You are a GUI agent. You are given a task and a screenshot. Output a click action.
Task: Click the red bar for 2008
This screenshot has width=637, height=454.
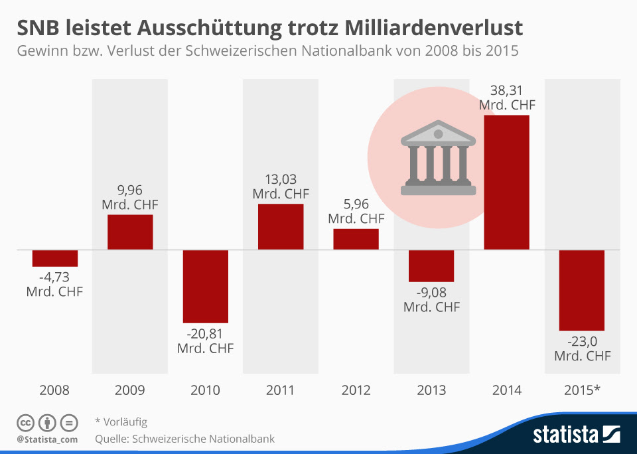click(55, 258)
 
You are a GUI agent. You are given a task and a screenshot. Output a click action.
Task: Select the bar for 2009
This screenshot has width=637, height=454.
click(130, 232)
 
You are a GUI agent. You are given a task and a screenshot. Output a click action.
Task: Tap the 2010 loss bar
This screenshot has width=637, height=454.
click(206, 286)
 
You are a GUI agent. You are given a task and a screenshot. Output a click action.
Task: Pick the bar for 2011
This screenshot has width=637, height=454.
click(281, 226)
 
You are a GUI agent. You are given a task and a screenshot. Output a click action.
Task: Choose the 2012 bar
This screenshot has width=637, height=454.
click(356, 239)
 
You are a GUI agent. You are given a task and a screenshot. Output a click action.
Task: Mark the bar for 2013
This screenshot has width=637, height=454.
click(431, 265)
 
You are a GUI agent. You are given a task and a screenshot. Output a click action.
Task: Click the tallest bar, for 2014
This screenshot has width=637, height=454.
click(507, 183)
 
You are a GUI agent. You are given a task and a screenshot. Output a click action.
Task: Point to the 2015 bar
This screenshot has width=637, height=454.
click(582, 290)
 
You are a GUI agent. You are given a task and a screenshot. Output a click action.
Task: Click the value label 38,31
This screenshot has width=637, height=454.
click(507, 90)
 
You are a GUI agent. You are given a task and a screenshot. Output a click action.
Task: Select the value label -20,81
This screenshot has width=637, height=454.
click(206, 334)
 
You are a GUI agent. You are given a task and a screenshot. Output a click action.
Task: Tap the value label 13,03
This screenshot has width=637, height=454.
click(281, 179)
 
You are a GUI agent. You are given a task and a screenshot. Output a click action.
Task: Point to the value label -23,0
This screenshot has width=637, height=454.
click(582, 341)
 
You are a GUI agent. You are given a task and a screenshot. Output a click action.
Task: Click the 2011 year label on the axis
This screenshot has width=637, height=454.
click(281, 390)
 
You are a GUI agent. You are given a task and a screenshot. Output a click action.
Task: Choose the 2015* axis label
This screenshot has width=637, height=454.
click(582, 390)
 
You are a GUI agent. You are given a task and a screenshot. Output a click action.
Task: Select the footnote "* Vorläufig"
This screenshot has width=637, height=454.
click(121, 421)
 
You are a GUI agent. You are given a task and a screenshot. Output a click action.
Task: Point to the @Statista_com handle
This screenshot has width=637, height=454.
click(47, 439)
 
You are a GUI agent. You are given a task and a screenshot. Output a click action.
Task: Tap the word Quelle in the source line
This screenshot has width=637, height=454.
click(111, 439)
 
